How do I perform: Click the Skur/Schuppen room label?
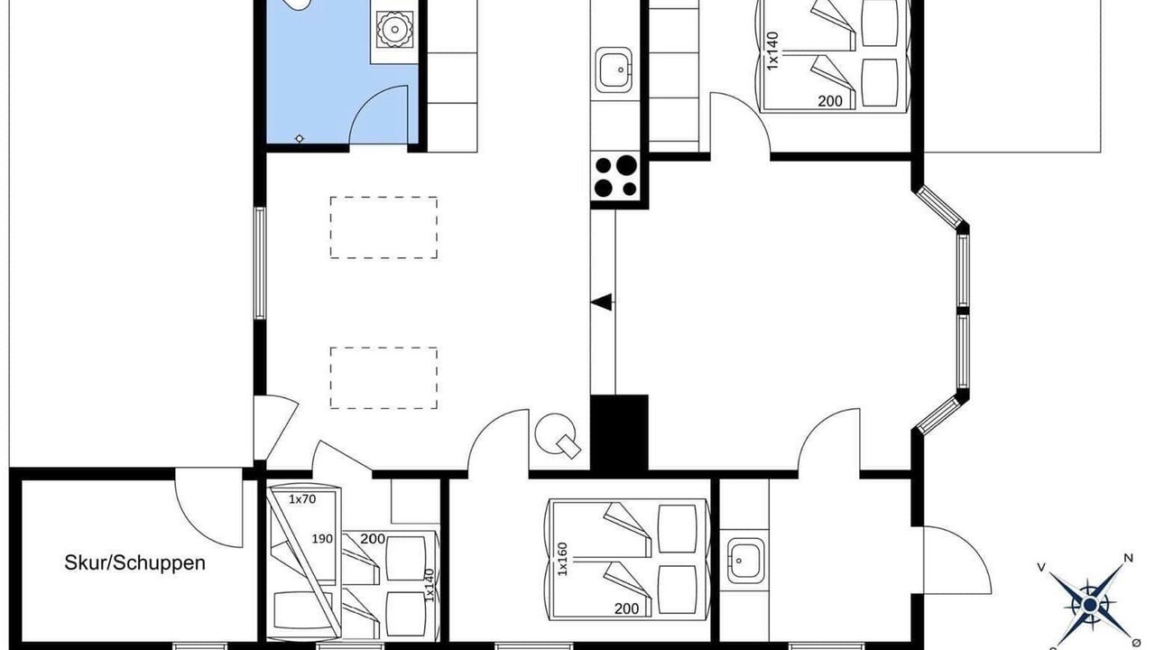tap(134, 562)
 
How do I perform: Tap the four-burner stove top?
tap(615, 176)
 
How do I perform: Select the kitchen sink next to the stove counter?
tap(614, 70)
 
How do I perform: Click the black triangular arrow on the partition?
tap(601, 302)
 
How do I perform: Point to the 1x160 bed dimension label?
tap(562, 559)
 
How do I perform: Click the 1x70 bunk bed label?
tap(302, 499)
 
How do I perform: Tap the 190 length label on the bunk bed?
tap(322, 539)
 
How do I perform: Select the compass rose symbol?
tap(1089, 604)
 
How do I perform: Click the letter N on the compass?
tap(1128, 558)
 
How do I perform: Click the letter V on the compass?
tap(1041, 568)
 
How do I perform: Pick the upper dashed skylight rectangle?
tap(383, 227)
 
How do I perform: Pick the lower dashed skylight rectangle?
tap(383, 378)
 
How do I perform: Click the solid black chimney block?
tap(619, 433)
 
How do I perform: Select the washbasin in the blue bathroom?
tap(394, 30)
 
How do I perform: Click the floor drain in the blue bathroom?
tap(299, 139)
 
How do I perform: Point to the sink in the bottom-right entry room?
tap(745, 561)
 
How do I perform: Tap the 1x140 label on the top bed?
tap(772, 51)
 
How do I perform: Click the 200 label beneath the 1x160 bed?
tap(627, 608)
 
